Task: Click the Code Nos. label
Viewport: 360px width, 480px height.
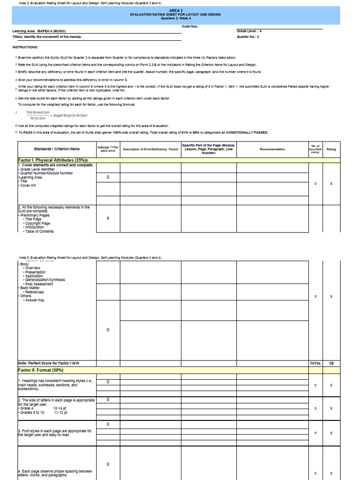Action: point(190,27)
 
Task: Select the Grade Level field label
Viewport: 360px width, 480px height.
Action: point(249,31)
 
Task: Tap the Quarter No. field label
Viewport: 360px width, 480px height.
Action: point(249,36)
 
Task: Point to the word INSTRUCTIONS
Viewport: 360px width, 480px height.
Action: point(25,47)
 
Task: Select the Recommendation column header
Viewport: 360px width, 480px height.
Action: point(272,149)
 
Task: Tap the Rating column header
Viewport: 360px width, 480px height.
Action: point(331,149)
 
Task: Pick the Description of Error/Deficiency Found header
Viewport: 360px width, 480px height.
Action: point(150,149)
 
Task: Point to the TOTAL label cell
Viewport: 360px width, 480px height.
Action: point(315,363)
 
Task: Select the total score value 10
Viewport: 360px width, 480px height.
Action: point(331,363)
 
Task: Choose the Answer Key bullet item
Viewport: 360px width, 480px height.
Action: point(34,300)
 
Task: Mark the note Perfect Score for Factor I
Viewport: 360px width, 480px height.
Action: point(49,363)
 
